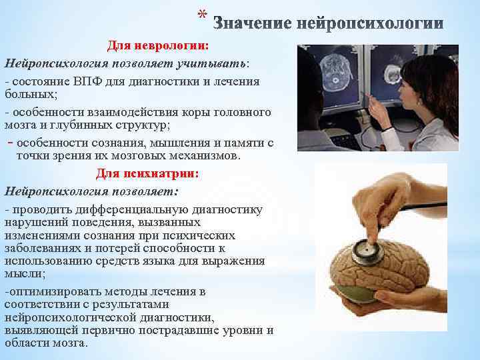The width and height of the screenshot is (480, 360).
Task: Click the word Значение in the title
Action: (x=251, y=25)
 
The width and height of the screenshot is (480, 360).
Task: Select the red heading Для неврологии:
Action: (x=158, y=45)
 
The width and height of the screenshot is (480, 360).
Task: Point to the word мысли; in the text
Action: (x=21, y=273)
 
